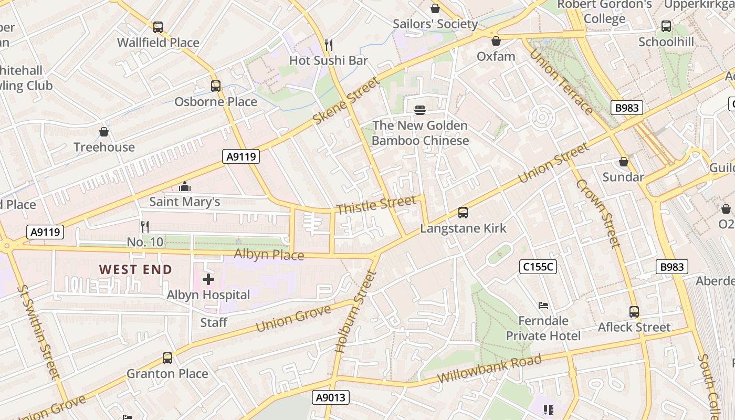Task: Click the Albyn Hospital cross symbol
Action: point(208,279)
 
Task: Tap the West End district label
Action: point(135,270)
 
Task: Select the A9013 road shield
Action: point(331,397)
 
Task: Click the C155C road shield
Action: point(538,267)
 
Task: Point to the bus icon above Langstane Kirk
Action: point(463,213)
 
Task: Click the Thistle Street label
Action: point(376,205)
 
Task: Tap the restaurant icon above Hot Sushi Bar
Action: point(329,45)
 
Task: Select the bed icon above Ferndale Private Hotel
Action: point(543,306)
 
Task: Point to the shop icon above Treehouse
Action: point(104,132)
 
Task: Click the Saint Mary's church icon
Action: point(184,186)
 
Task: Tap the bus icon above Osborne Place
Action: point(215,86)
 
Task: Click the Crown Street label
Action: point(598,213)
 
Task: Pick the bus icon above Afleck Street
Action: point(634,312)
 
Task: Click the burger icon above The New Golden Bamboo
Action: point(419,110)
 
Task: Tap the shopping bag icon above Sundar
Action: point(623,162)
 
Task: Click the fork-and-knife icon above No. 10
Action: point(145,227)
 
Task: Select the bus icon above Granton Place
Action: point(167,358)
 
